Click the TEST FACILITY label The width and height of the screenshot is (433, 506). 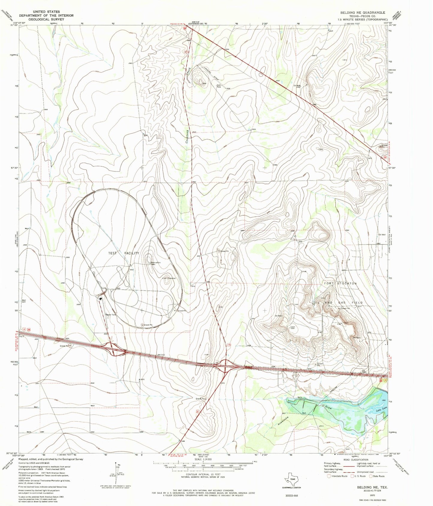pos(124,253)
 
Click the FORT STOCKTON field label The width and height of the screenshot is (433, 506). pos(340,283)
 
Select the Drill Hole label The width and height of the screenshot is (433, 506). pos(219,86)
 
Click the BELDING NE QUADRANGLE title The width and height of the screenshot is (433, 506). pos(362,13)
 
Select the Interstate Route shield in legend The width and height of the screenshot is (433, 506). pos(329,476)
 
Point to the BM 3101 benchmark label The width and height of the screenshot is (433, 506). pos(162,355)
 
